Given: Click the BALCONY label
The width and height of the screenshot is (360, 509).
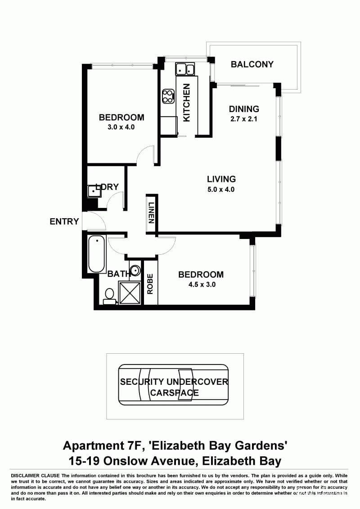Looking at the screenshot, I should tap(252, 64).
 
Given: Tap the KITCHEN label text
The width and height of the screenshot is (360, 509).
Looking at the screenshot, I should tap(187, 102).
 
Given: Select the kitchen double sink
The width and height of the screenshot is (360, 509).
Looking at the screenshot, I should tap(184, 69).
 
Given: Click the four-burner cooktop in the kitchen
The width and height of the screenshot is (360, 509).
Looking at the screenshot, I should tap(168, 96).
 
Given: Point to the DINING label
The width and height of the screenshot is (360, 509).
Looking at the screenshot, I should tap(244, 109).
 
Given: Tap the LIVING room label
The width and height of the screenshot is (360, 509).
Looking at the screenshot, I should tap(221, 179).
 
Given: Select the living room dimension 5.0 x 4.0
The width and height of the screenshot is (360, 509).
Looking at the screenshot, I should tap(220, 189).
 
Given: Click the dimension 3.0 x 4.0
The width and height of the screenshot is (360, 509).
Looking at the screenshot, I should tap(121, 127).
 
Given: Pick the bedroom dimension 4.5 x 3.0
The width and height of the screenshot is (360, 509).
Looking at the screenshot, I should tap(201, 284).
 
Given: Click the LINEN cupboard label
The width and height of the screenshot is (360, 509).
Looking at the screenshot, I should tap(152, 213).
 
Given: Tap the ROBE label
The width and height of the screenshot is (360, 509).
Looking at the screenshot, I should tap(150, 284).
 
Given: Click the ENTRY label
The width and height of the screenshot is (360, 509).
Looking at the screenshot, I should tap(64, 221).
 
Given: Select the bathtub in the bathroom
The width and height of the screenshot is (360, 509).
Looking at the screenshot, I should tap(96, 254).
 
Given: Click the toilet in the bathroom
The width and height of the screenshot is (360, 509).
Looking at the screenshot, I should tap(109, 295).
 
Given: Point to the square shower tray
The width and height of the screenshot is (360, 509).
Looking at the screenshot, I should tap(130, 293).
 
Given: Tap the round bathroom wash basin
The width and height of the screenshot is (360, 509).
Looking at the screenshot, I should tap(135, 271).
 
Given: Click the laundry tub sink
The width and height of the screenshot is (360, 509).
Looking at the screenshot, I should tap(93, 191).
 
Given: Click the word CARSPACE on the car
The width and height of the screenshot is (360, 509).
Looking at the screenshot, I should tap(174, 392).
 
